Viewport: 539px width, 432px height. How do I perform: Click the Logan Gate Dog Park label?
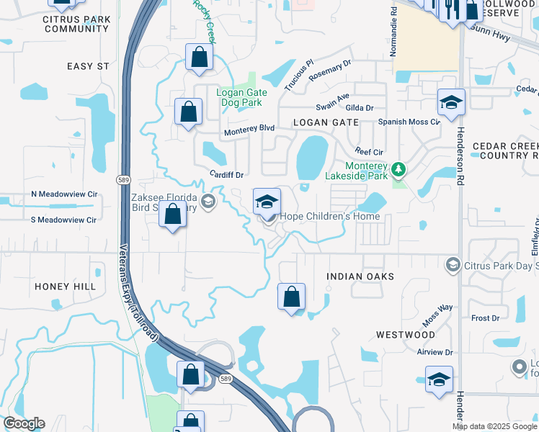pos(242,97)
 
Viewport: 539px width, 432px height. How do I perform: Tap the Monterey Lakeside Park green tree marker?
pos(397,170)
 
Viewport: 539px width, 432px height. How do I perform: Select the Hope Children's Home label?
pos(329,216)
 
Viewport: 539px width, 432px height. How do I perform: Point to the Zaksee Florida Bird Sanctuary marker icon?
pos(208,201)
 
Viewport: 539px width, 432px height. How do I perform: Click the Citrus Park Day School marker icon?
pos(453,265)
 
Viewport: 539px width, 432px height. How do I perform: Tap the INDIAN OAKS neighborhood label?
pos(360,276)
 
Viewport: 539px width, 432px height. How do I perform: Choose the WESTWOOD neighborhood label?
pos(406,335)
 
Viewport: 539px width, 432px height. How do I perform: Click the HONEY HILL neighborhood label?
pos(65,286)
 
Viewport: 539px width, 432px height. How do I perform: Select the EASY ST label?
pos(88,66)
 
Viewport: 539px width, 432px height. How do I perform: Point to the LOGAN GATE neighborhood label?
pos(326,122)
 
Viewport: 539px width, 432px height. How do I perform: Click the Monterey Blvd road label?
pos(249,128)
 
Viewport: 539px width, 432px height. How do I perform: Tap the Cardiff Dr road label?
pos(227,175)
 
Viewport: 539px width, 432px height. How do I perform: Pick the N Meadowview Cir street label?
pos(64,194)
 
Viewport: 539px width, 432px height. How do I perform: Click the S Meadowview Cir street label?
pos(63,220)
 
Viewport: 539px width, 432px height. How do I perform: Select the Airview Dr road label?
pos(434,353)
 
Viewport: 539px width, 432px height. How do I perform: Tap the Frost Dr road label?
pos(485,318)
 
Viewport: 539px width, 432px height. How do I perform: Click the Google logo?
pos(24,423)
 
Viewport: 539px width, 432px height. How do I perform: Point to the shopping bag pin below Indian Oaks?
pos(291,297)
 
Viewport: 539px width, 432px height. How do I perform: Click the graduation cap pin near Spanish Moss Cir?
pos(451,103)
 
